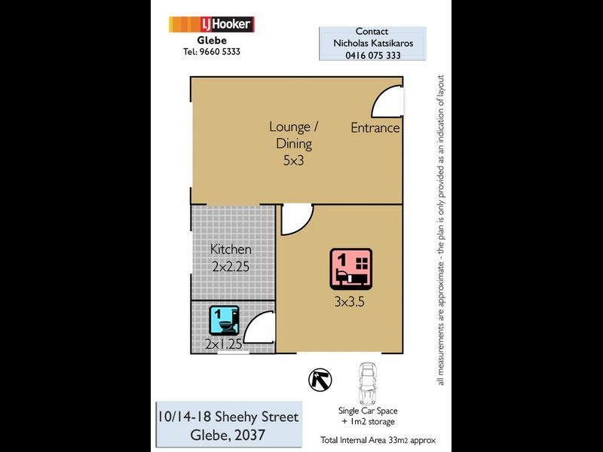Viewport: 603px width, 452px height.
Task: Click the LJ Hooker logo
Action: click(x=211, y=25)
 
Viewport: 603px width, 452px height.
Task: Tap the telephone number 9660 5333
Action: click(x=211, y=52)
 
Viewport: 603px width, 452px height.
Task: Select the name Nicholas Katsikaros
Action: click(x=372, y=44)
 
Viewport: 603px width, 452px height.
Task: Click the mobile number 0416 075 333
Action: click(x=372, y=56)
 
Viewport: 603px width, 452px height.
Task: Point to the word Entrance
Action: click(x=375, y=128)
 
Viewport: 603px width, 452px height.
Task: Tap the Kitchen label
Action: click(x=231, y=249)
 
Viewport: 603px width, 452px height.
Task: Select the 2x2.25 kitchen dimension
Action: click(x=231, y=266)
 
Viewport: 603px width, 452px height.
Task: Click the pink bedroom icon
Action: click(x=350, y=269)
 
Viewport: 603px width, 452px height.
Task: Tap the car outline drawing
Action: click(x=368, y=383)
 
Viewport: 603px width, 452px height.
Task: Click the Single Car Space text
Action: click(x=368, y=411)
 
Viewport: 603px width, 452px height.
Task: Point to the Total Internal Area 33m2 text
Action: click(x=378, y=440)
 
